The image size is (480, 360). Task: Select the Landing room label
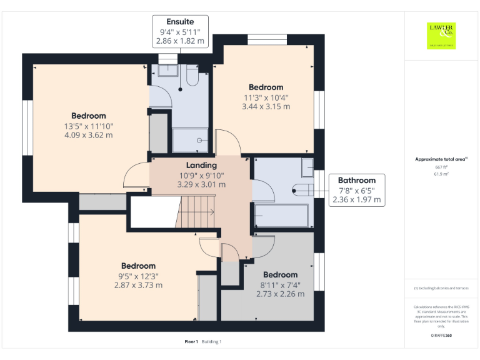pos(201,165)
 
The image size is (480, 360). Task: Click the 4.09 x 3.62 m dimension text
pos(89,135)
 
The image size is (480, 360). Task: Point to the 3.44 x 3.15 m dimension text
pos(266,106)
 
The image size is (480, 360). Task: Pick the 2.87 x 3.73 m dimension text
pos(138,285)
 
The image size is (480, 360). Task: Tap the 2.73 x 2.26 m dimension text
pos(280,294)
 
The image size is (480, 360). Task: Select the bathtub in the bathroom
pos(281,216)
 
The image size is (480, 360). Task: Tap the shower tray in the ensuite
pos(190,139)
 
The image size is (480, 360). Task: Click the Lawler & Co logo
pos(441,35)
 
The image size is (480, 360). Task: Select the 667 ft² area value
pos(442,167)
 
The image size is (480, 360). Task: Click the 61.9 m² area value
pos(442,174)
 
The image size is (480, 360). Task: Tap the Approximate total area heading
pos(441,159)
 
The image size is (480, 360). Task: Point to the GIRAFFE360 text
pos(441,336)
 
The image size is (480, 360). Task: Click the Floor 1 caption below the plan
pos(191,341)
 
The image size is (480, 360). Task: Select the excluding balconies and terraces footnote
pos(441,288)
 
